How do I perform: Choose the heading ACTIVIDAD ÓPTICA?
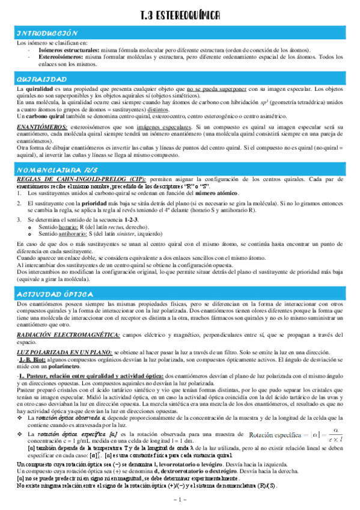(x=54, y=293)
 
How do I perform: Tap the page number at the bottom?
(x=180, y=500)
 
